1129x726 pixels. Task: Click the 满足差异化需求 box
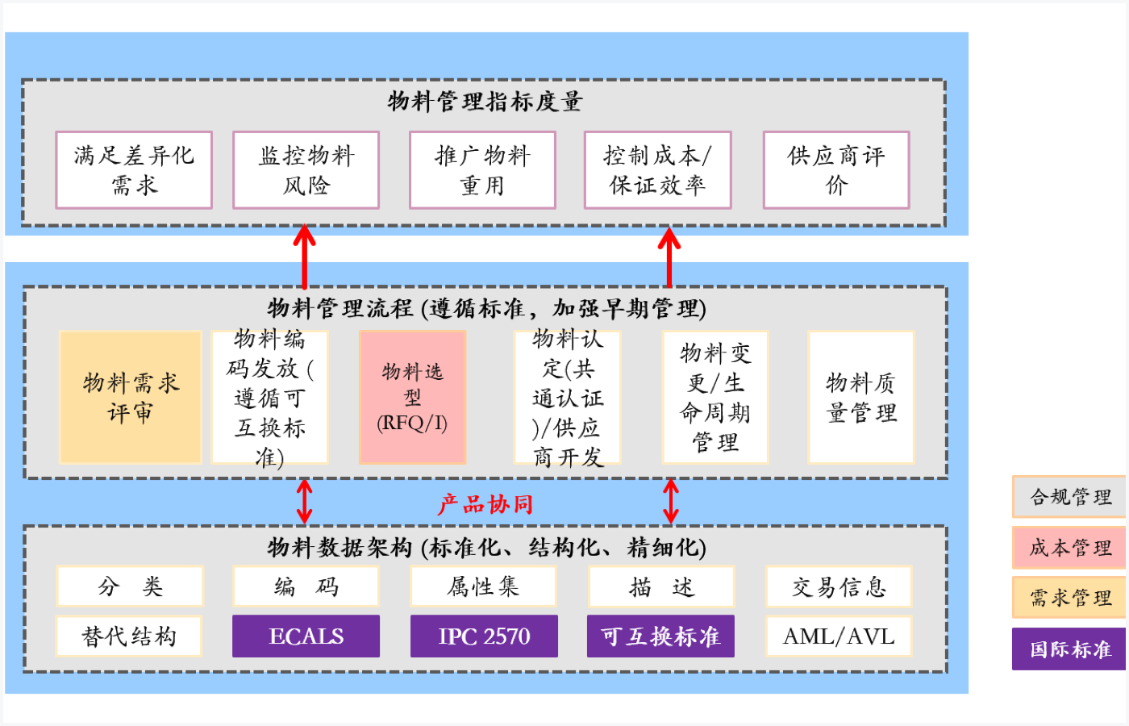coord(134,170)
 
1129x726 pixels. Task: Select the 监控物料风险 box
coord(306,170)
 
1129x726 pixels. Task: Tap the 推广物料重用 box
coord(482,170)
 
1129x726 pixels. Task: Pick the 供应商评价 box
coord(836,170)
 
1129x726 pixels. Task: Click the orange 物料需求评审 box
coord(131,397)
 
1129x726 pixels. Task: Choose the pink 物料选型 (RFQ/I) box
coord(412,397)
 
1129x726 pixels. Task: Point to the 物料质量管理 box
coord(861,397)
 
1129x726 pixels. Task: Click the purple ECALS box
coord(306,636)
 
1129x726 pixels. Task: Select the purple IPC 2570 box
coord(484,636)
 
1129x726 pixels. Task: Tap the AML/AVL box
coord(839,636)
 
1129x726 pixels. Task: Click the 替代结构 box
coord(129,636)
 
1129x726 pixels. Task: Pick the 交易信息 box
coord(839,586)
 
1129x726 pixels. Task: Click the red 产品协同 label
coord(485,505)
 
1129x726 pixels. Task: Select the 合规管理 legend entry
coord(1069,497)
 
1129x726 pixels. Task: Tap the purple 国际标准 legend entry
coord(1069,649)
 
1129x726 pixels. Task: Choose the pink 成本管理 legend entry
coord(1069,548)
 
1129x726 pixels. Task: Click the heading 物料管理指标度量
coord(485,102)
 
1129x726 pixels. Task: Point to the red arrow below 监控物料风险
coord(304,256)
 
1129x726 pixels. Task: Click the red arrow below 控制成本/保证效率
coord(669,256)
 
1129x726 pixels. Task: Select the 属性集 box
coord(483,586)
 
